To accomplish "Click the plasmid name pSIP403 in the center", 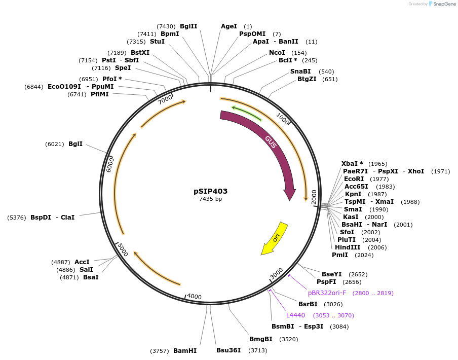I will click(x=210, y=191).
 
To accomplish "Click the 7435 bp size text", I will click(x=210, y=199).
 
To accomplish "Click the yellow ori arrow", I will click(x=275, y=238).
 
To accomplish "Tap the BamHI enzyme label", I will click(x=185, y=350).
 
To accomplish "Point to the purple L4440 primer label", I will click(x=295, y=315).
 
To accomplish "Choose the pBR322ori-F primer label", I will click(x=327, y=293).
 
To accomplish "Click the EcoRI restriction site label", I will click(x=354, y=178).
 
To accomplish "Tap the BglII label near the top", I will click(x=188, y=26).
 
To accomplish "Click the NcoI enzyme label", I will click(x=277, y=52).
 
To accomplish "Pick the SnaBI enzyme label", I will click(x=300, y=71).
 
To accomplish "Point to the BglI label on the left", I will click(x=75, y=143).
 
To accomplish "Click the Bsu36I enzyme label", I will click(x=228, y=350).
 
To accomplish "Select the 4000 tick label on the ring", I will click(x=194, y=297).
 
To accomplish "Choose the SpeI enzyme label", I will click(x=123, y=67).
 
